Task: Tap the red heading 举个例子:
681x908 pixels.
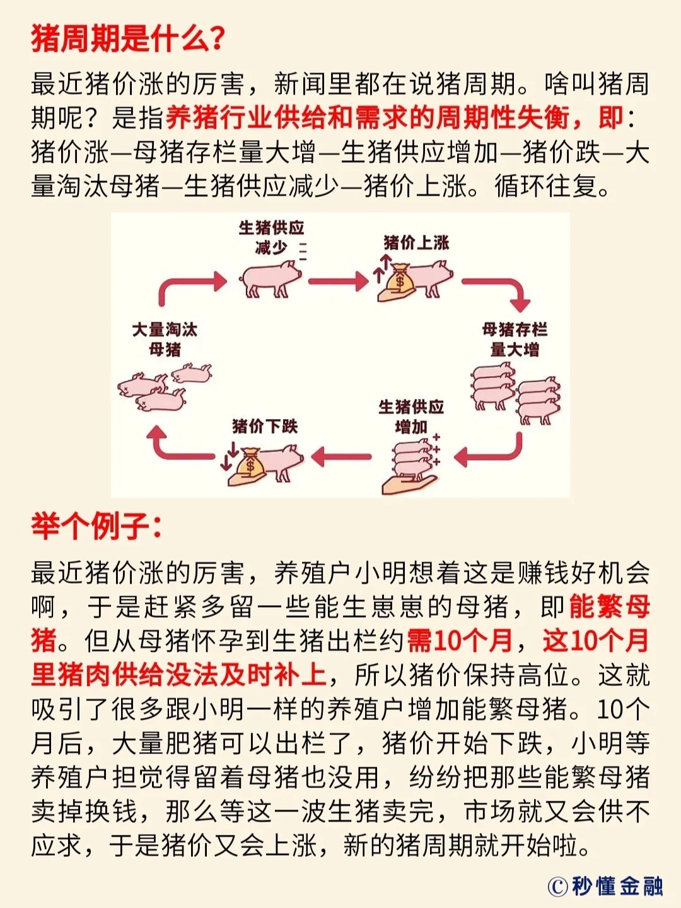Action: tap(96, 526)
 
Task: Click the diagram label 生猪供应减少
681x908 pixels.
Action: tap(271, 237)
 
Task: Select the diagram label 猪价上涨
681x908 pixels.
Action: tap(416, 242)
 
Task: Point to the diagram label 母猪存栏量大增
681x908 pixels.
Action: tap(515, 339)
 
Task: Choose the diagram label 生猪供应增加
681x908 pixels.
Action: tap(411, 416)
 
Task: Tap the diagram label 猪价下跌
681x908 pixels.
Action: tap(265, 427)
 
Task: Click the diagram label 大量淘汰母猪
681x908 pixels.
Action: tap(165, 339)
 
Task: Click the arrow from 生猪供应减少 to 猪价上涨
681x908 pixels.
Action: tap(338, 281)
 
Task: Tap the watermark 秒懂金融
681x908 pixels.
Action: tap(617, 885)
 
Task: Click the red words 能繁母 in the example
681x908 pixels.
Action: tap(609, 606)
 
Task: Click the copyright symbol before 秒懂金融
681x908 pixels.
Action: tap(557, 886)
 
